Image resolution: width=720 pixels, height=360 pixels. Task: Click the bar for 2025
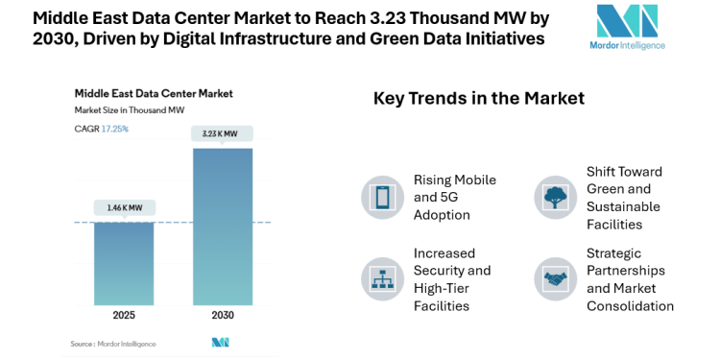click(124, 263)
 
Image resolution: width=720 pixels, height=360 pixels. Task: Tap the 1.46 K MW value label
click(124, 207)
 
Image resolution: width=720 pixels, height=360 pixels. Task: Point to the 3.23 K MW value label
click(223, 133)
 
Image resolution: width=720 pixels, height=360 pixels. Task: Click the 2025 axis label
click(124, 315)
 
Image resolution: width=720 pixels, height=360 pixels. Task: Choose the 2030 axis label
click(223, 315)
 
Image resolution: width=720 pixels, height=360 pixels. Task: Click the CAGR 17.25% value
click(115, 128)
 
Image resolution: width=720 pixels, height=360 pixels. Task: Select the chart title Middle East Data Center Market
click(154, 94)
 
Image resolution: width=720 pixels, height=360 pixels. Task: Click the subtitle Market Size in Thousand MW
click(130, 110)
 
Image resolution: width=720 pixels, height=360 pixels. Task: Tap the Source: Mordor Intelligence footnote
click(112, 343)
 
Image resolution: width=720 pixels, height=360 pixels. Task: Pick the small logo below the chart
click(221, 343)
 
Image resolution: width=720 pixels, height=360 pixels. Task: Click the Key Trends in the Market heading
click(478, 98)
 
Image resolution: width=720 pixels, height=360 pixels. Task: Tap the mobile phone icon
click(381, 197)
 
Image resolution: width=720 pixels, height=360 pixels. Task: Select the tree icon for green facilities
click(554, 197)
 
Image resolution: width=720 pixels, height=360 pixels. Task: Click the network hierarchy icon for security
click(381, 278)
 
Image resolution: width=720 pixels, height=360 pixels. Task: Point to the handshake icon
click(554, 278)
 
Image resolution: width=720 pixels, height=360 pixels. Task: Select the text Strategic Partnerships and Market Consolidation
click(630, 279)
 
